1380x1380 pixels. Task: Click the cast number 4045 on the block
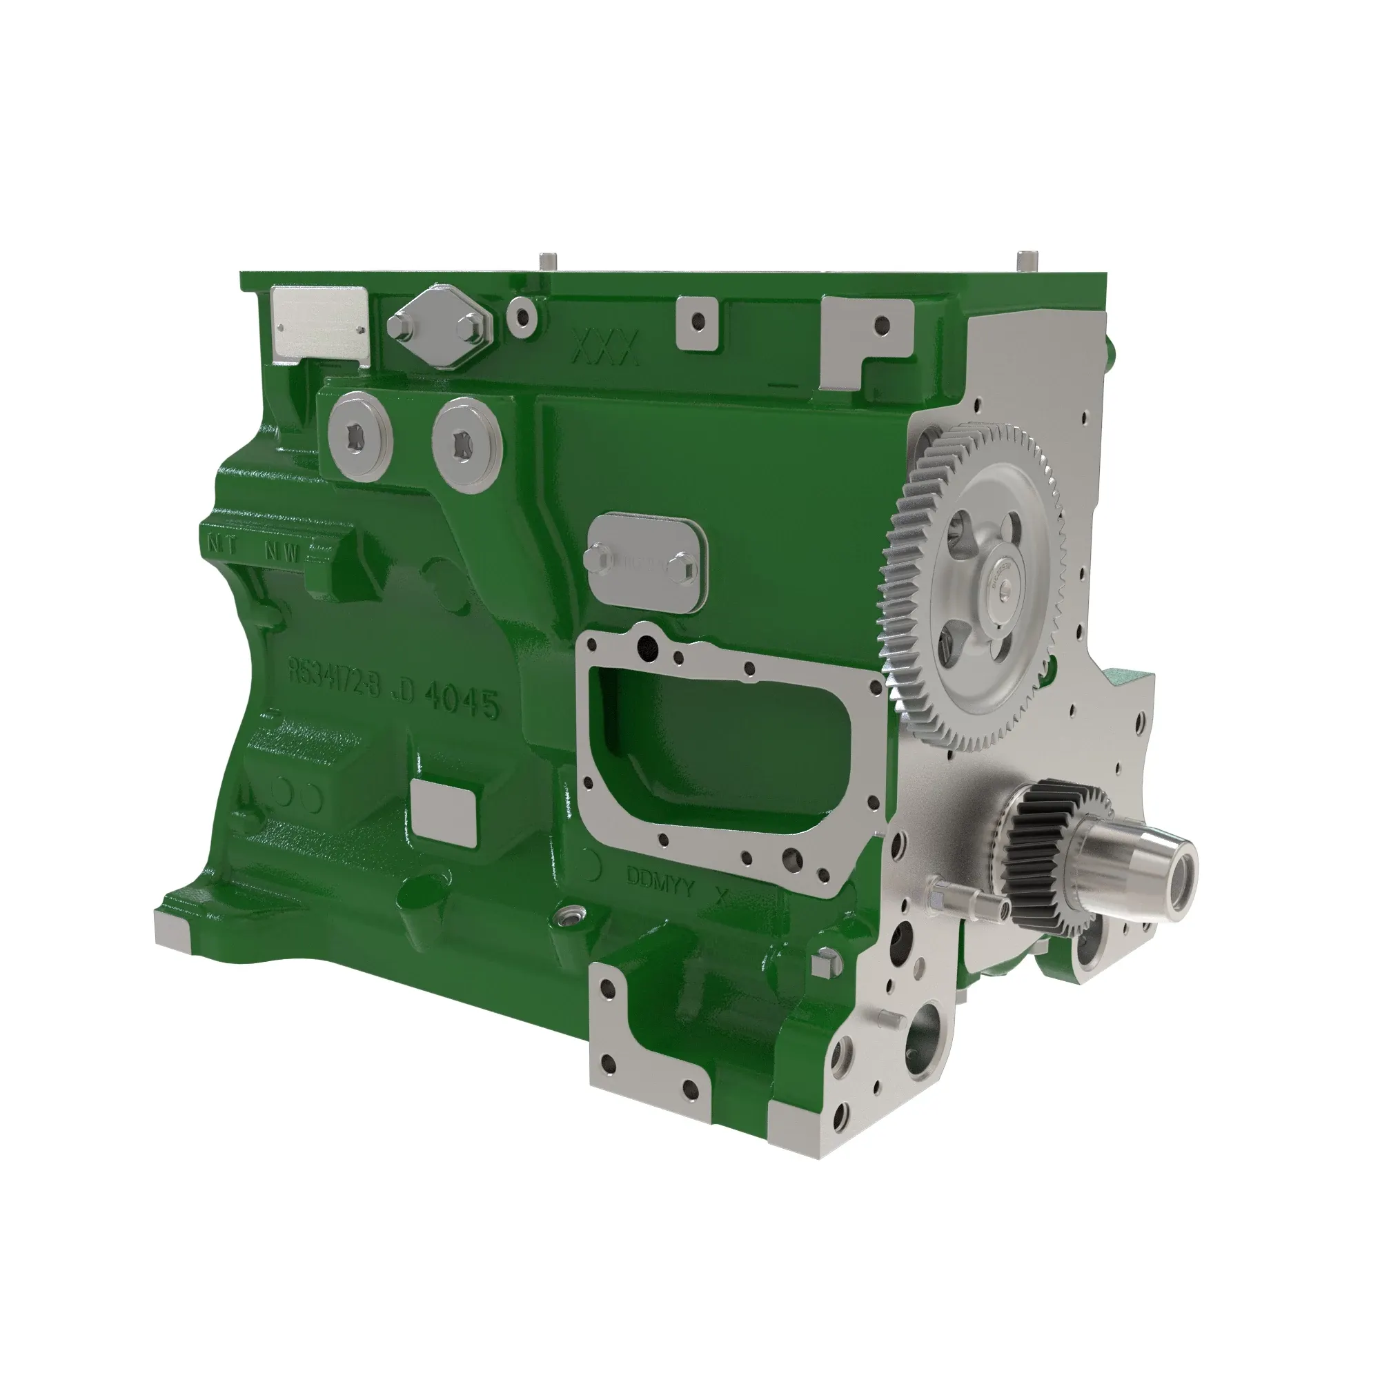pos(461,704)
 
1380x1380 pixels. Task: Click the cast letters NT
pos(222,542)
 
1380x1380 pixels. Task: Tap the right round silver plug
pos(466,445)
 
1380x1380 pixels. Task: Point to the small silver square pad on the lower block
pos(444,810)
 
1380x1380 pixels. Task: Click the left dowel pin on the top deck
pos(548,260)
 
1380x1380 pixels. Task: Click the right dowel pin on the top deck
pos(1027,260)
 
